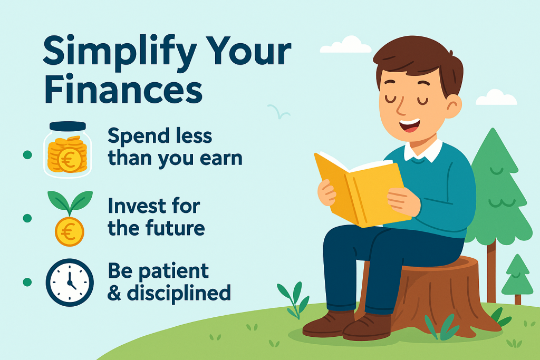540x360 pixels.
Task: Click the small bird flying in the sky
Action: coord(279,111)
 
